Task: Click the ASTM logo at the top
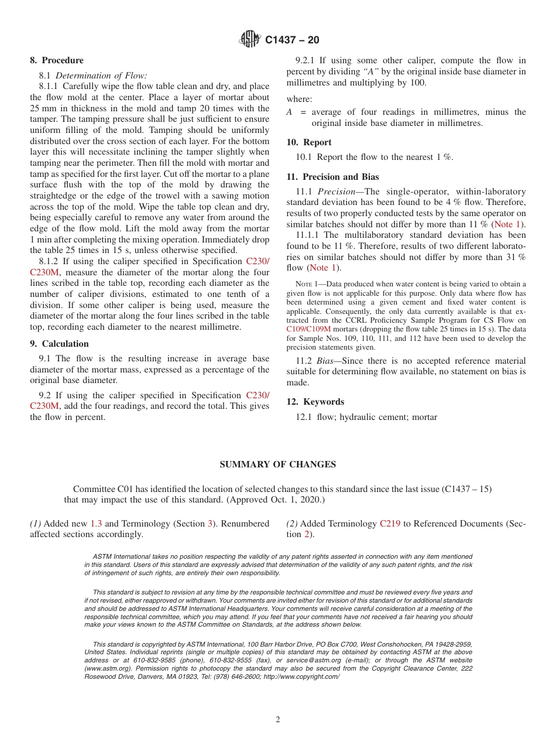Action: (x=250, y=40)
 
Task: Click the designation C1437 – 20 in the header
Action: (x=292, y=40)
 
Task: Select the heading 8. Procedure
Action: (x=57, y=60)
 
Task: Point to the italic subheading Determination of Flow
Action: (x=101, y=76)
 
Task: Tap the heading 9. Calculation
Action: (x=59, y=344)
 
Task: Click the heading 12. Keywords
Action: (x=315, y=402)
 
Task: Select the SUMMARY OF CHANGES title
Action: (x=277, y=464)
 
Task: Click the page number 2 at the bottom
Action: (x=278, y=720)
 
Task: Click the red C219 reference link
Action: (x=390, y=524)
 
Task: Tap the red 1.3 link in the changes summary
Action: (x=96, y=524)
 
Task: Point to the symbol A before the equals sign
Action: (x=289, y=112)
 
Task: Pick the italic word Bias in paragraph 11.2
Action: (x=325, y=361)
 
